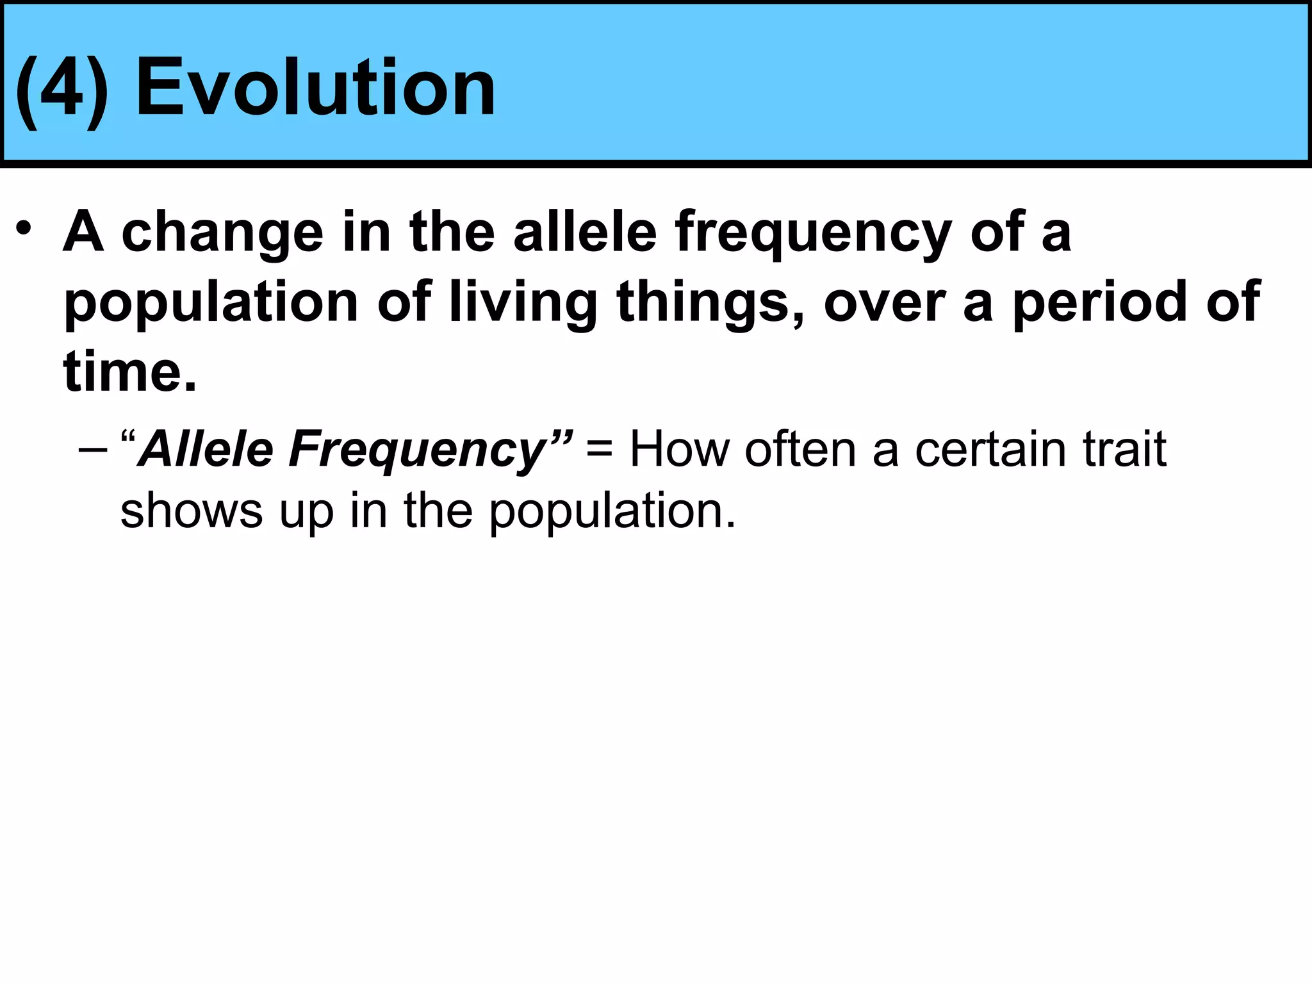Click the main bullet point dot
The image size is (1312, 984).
pyautogui.click(x=24, y=229)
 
